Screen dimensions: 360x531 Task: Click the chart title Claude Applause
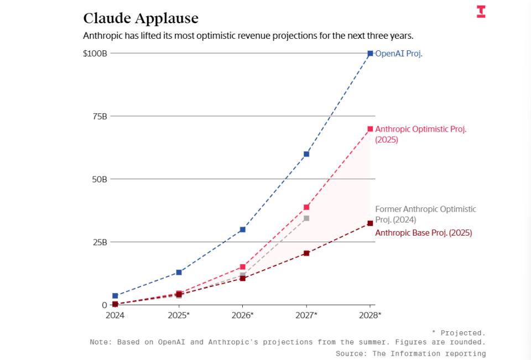click(x=140, y=18)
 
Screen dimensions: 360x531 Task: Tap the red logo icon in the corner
click(x=481, y=12)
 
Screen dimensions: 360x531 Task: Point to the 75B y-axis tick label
click(x=100, y=116)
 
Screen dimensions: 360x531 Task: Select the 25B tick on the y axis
click(x=100, y=242)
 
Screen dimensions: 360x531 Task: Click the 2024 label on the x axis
click(x=115, y=315)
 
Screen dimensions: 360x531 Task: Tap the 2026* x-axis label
click(x=242, y=315)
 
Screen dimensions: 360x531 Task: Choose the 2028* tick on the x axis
click(x=370, y=315)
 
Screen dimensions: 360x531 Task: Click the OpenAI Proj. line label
click(x=399, y=54)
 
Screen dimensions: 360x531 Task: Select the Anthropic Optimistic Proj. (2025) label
click(x=420, y=134)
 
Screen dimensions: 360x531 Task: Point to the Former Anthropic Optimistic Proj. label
click(x=425, y=214)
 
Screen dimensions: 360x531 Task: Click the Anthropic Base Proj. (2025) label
click(x=423, y=233)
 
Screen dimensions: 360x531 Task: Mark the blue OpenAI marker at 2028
click(x=370, y=54)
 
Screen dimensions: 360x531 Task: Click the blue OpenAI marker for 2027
click(x=306, y=154)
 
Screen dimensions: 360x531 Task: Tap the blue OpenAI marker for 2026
click(x=242, y=229)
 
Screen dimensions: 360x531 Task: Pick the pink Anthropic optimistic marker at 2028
click(x=370, y=129)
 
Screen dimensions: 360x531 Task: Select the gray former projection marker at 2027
click(x=306, y=218)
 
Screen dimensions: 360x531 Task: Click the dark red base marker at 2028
click(x=370, y=223)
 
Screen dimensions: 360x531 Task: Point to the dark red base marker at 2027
click(x=306, y=253)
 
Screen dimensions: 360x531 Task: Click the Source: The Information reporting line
click(x=410, y=353)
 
